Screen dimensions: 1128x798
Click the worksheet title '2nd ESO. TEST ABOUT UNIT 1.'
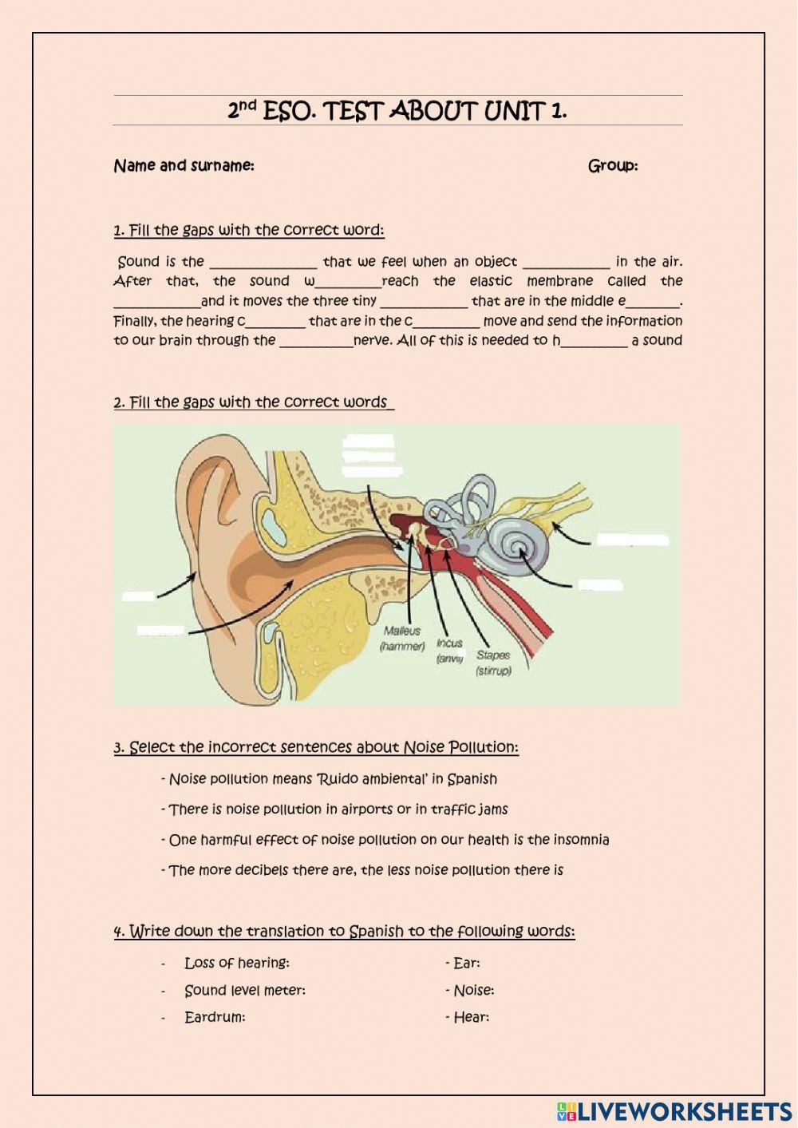[397, 111]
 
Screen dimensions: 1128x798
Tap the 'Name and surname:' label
[184, 166]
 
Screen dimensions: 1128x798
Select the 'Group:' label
[612, 166]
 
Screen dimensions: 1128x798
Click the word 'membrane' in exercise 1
[559, 281]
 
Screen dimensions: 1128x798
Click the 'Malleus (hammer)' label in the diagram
[402, 639]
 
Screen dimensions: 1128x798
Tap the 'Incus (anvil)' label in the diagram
[449, 651]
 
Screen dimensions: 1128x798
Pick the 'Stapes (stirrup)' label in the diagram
[493, 663]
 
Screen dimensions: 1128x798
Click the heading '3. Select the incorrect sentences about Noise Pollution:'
[316, 747]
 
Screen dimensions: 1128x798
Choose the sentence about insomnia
[389, 840]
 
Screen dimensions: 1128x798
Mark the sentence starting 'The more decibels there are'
[365, 870]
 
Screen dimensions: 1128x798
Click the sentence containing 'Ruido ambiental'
[333, 779]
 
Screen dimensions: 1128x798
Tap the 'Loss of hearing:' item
[237, 963]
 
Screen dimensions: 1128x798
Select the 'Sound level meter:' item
[244, 990]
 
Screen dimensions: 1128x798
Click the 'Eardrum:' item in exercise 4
[215, 1017]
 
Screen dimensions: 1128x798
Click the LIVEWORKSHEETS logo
[674, 1110]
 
